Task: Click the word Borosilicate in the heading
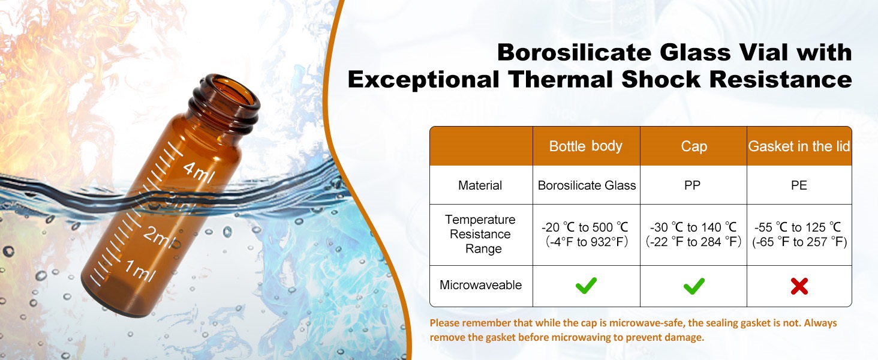[575, 52]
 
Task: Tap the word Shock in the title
[661, 79]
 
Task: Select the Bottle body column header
[585, 146]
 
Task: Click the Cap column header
[694, 146]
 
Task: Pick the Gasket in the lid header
[799, 146]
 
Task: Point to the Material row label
[480, 185]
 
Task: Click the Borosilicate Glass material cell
[587, 185]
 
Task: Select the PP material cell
[692, 185]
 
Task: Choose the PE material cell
[799, 185]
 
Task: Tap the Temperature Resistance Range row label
[480, 234]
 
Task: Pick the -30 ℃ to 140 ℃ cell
[693, 235]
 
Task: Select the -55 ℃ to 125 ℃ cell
[799, 235]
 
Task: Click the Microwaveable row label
[480, 285]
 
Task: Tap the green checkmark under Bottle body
[586, 286]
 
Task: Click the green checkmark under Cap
[694, 286]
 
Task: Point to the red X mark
[799, 286]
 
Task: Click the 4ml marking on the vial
[199, 173]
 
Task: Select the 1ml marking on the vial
[140, 270]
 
